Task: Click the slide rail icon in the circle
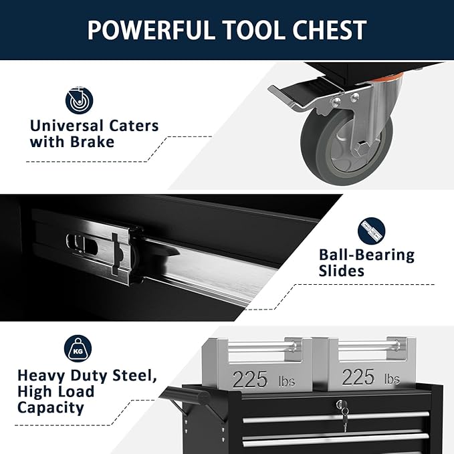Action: coord(372,230)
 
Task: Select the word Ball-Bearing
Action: coord(366,255)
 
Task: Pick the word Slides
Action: coord(341,271)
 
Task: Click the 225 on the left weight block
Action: coord(250,378)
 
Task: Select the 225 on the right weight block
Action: coord(358,377)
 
